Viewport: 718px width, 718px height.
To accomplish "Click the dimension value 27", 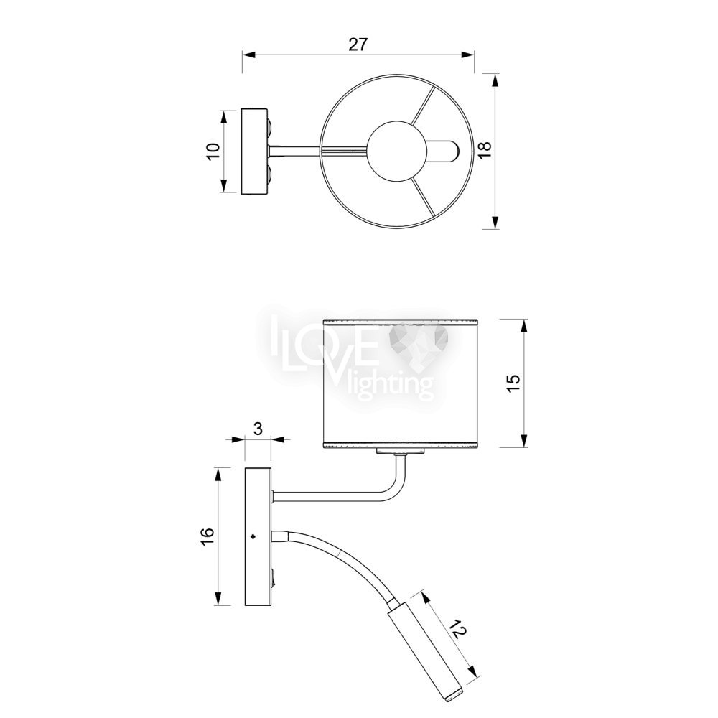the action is click(358, 45).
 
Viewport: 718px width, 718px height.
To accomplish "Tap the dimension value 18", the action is click(485, 150).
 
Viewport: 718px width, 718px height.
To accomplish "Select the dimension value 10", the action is click(214, 151).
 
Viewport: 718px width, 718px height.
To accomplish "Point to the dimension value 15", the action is click(514, 383).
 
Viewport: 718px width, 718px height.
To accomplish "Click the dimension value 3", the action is click(258, 429).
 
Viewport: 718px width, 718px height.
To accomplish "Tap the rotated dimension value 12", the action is click(458, 631).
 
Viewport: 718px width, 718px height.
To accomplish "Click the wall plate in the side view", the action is click(258, 536).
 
